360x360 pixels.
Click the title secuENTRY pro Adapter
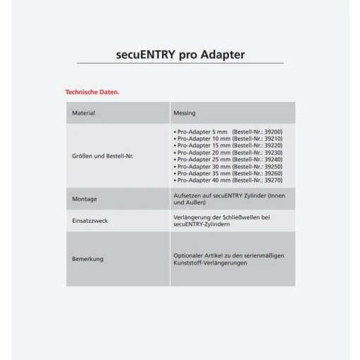coord(180,54)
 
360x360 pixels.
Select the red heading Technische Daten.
coord(92,92)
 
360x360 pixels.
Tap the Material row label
coord(83,112)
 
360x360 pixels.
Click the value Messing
coord(185,112)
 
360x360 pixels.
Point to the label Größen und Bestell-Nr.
coord(103,156)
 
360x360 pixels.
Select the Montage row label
coord(84,199)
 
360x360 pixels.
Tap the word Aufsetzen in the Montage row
coord(187,195)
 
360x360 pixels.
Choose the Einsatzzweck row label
coord(90,221)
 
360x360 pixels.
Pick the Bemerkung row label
coord(88,259)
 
